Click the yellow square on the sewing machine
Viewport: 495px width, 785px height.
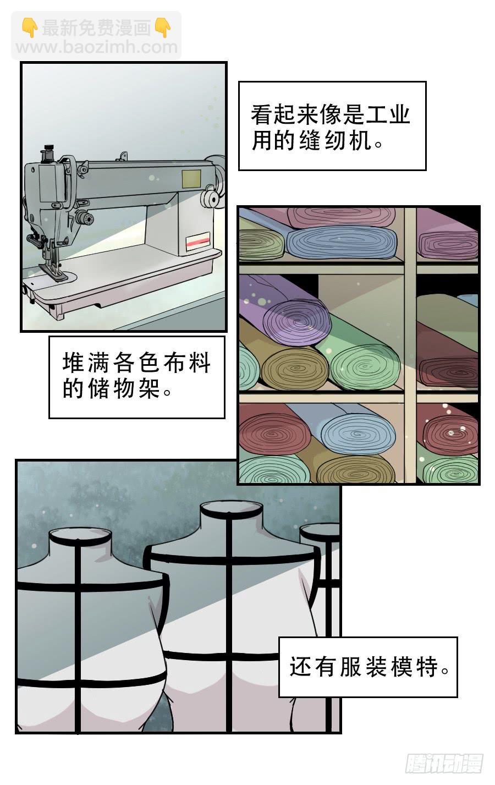[191, 179]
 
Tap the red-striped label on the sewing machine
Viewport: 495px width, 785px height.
[197, 241]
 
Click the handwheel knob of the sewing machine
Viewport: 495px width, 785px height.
[211, 199]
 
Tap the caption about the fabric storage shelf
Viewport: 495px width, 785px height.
[136, 377]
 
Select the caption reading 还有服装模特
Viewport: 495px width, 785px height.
[368, 667]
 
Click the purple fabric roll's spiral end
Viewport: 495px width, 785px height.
[296, 322]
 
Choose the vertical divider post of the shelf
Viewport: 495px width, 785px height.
[410, 345]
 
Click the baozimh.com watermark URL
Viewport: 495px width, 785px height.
[97, 47]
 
